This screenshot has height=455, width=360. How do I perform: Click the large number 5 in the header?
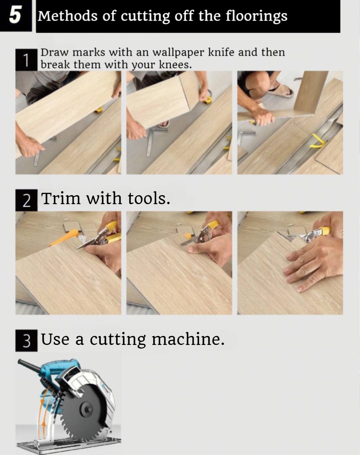pos(15,15)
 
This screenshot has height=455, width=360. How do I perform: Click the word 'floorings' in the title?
pos(256,16)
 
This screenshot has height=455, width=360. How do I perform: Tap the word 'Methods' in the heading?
pos(68,16)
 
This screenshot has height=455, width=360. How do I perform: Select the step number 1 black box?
pos(26,60)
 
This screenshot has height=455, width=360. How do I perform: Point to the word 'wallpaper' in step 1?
pos(178,53)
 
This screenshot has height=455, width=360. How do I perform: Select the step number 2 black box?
pos(26,200)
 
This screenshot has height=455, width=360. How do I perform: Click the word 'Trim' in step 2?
pos(61,198)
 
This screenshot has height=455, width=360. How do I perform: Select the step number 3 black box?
pos(26,341)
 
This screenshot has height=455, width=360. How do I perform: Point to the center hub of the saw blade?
pos(88,410)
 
